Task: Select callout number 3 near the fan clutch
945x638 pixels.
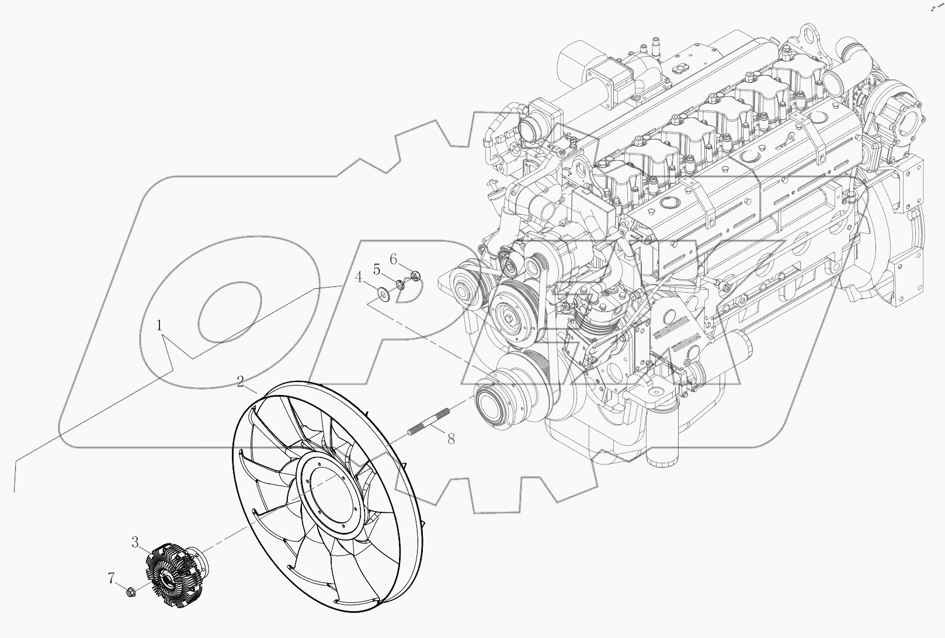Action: click(135, 543)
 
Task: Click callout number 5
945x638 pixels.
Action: click(377, 269)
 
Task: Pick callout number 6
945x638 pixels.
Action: click(394, 259)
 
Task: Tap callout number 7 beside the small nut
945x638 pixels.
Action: click(111, 578)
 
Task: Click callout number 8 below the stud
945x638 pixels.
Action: click(451, 439)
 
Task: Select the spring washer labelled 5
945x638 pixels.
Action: click(401, 284)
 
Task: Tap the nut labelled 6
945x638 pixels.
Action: click(415, 275)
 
